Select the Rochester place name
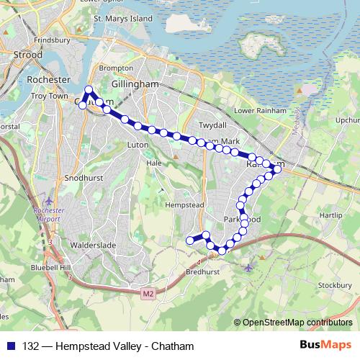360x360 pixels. pos(47,78)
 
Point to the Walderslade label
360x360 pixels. pos(93,245)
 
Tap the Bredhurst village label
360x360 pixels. pos(202,273)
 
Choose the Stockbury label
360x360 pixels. pos(333,285)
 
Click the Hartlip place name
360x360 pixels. pos(330,215)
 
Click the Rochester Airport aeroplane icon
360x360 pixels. pos(48,201)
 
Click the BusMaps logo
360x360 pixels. pos(325,346)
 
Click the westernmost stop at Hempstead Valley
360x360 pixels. pos(190,240)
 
